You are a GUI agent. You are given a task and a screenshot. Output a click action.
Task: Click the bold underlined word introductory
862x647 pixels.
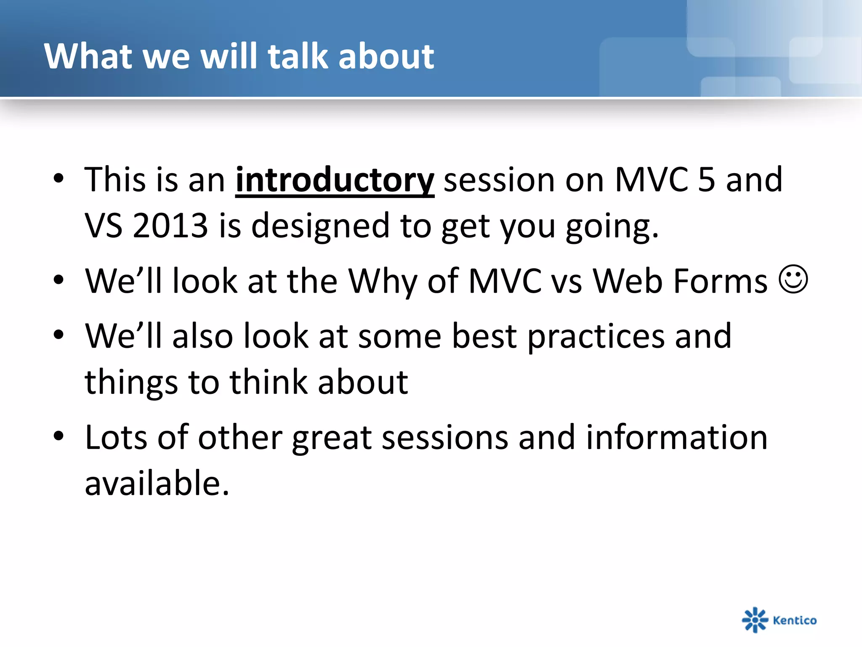[335, 181]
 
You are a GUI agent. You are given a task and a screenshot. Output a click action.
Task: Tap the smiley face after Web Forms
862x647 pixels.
[793, 279]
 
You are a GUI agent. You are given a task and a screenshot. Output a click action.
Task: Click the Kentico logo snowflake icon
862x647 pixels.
[755, 620]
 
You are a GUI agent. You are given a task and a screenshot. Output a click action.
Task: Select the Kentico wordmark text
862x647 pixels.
[795, 620]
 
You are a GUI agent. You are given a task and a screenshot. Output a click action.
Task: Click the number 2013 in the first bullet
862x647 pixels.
[170, 225]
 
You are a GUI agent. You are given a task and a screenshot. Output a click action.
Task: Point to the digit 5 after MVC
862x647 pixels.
[707, 180]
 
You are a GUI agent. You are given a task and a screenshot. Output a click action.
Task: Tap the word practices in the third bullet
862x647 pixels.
[596, 337]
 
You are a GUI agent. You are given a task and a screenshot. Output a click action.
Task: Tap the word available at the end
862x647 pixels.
[157, 483]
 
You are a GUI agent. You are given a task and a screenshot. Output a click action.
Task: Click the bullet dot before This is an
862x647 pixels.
[59, 179]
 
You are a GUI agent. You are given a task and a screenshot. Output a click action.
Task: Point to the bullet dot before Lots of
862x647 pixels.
[59, 436]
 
